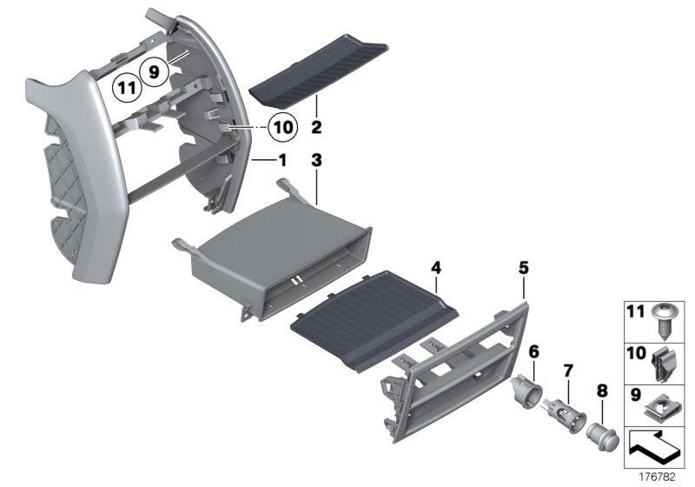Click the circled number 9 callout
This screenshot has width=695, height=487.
tap(155, 74)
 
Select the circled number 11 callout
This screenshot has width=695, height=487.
tap(127, 88)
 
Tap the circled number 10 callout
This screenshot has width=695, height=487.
tap(282, 128)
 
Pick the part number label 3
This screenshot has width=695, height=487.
tap(317, 161)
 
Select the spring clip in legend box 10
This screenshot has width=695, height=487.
tap(664, 363)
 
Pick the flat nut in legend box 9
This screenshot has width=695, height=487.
tap(664, 402)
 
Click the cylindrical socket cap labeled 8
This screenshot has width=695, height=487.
tap(601, 430)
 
